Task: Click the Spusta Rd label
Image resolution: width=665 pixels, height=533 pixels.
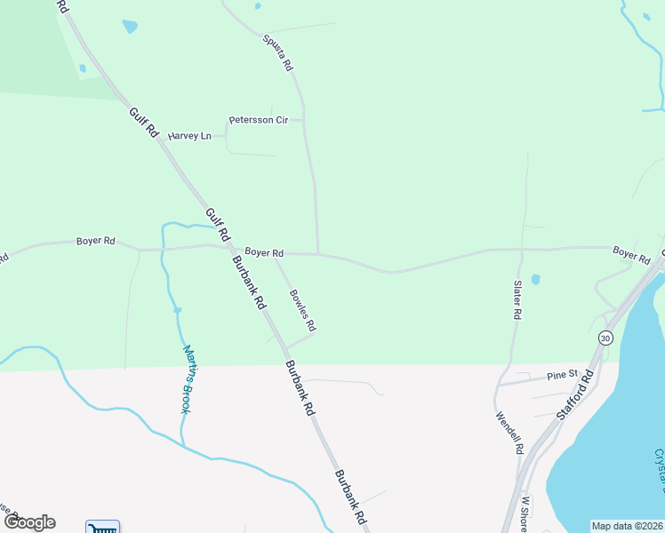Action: point(277,52)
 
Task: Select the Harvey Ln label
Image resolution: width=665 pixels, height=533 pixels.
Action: point(190,136)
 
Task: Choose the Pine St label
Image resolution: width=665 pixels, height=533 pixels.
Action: point(562,375)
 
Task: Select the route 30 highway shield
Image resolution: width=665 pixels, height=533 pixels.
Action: point(605,338)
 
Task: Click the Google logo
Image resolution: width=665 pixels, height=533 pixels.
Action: point(28,522)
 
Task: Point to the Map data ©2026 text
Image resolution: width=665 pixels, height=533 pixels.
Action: point(627,526)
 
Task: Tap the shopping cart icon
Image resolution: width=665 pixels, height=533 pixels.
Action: point(102,528)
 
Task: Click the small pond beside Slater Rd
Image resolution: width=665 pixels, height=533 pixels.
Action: point(535,279)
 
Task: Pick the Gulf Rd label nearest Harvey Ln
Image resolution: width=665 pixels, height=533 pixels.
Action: point(142,122)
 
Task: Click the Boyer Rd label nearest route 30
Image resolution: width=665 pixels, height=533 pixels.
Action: point(630,254)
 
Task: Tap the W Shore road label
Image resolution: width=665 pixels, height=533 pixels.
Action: point(525,513)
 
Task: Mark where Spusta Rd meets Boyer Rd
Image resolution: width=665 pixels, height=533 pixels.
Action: point(318,254)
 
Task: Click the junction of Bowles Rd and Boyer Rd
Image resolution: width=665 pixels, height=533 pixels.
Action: point(274,254)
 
